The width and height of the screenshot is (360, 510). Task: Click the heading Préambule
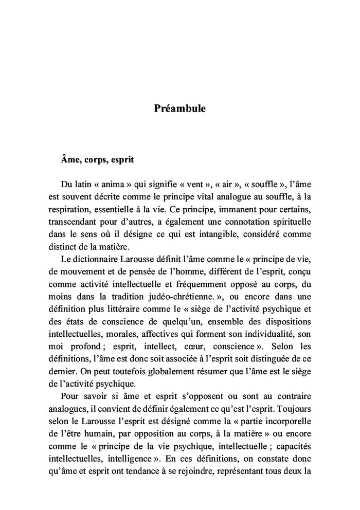point(179,109)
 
